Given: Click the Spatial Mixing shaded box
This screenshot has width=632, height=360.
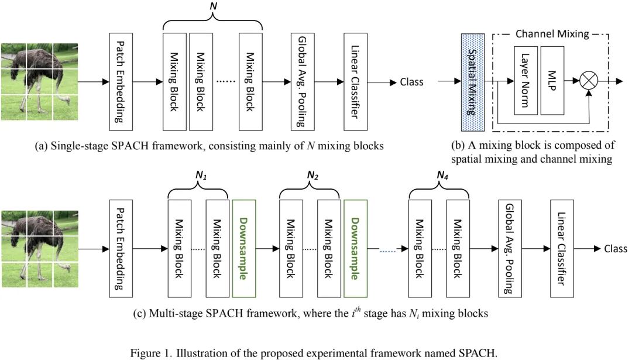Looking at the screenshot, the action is [x=473, y=83].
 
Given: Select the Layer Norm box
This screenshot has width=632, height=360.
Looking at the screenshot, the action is [x=526, y=81].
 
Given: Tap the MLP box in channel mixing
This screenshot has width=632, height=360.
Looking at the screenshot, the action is [x=552, y=81].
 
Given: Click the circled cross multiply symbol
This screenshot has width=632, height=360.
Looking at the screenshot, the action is [x=589, y=81].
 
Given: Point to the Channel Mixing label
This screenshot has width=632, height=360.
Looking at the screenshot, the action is [x=552, y=34].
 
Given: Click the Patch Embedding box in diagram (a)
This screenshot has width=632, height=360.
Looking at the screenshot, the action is [x=121, y=82].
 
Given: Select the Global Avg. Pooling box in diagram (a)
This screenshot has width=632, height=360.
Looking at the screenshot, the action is [x=303, y=82].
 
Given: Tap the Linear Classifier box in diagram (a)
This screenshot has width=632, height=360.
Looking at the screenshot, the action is [x=356, y=82].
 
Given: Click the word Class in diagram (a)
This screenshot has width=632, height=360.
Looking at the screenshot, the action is [x=411, y=82].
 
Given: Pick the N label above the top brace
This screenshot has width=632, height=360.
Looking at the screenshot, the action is [x=213, y=6].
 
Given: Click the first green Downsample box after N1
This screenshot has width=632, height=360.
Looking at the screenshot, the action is [x=244, y=249].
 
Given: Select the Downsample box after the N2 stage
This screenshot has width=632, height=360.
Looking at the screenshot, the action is [x=355, y=249].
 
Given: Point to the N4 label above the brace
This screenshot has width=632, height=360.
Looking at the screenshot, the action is [x=442, y=176].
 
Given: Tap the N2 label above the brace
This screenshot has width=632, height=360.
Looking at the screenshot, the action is [x=312, y=176].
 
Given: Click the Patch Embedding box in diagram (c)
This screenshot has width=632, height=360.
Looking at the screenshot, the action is [x=121, y=249].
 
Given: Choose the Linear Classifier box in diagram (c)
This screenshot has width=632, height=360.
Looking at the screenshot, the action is [x=562, y=249].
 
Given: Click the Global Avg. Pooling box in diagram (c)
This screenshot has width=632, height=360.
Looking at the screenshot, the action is [x=510, y=249].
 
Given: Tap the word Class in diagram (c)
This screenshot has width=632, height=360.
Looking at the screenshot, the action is [x=616, y=249].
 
